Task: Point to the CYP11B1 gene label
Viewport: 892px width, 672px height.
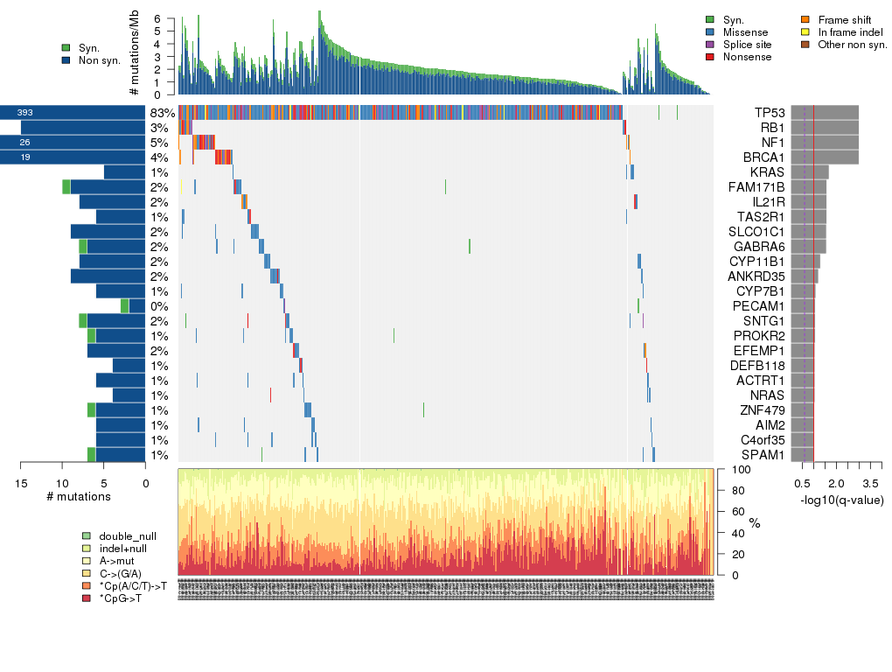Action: pos(761,261)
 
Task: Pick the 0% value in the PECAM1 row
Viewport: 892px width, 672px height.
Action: pos(159,306)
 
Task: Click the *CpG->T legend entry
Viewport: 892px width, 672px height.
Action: pos(121,598)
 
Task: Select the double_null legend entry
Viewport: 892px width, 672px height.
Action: pos(128,535)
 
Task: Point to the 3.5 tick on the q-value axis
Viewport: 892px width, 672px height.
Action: pos(870,483)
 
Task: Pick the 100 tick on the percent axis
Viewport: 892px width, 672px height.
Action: pos(738,470)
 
